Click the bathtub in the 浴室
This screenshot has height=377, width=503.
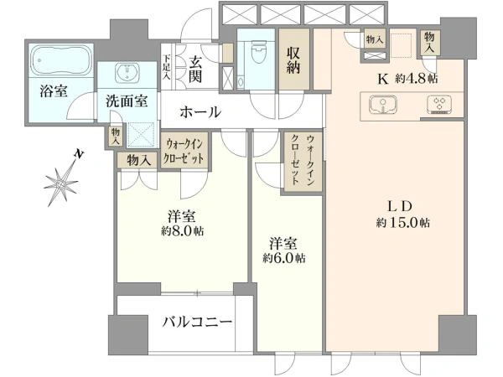point(61,60)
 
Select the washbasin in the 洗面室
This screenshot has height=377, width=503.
point(127,72)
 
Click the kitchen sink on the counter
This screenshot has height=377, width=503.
point(383,105)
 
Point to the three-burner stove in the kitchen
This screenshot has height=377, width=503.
point(438,105)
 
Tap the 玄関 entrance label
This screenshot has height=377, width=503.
point(195,70)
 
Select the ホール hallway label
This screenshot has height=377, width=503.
point(200,112)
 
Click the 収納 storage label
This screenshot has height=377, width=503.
point(293,60)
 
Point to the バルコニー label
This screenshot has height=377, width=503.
point(197,321)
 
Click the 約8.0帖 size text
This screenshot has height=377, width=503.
point(182,231)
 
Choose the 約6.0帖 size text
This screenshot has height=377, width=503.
point(284,258)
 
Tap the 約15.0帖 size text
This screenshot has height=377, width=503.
point(403,223)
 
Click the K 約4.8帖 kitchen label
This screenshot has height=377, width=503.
point(407,79)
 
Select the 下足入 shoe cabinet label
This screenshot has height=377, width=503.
point(167,68)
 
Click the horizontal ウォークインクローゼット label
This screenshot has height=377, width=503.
point(184,152)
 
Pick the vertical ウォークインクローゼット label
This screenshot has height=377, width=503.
point(302,160)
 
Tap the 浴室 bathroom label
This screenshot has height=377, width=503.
point(54,91)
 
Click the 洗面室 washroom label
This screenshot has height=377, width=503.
point(127,101)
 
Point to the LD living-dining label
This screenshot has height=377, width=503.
point(400,206)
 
